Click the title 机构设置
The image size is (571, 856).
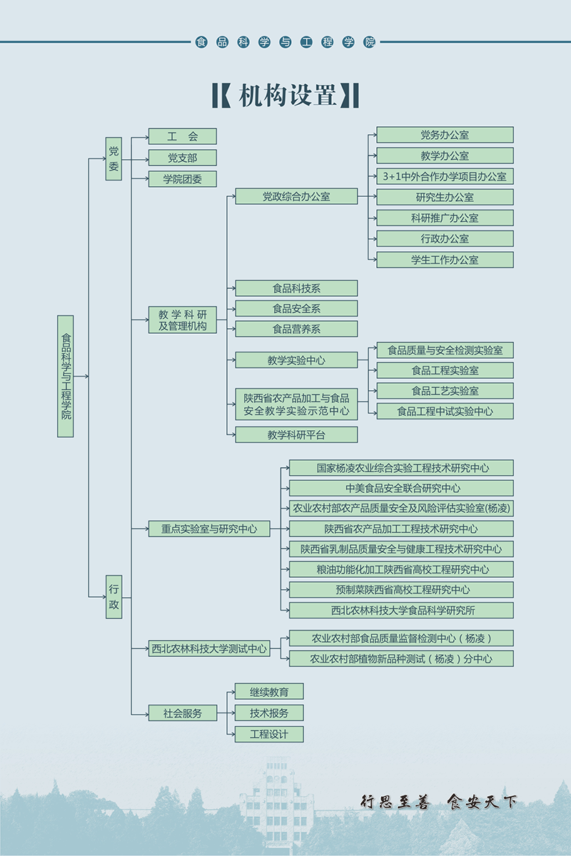click(285, 96)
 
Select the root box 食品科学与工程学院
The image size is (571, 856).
click(66, 376)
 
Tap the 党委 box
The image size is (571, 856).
click(114, 158)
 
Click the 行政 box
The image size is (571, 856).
click(114, 597)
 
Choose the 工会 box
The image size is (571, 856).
click(182, 136)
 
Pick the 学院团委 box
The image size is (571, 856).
click(182, 179)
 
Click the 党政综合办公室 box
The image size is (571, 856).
click(296, 196)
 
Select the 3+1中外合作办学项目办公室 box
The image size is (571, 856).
click(445, 176)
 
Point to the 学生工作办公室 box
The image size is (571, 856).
click(445, 260)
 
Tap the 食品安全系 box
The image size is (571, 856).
click(296, 309)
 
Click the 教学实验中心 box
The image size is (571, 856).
click(296, 360)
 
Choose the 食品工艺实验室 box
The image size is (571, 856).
click(445, 391)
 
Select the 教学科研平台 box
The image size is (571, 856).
click(296, 434)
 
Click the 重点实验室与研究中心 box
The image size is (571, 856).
click(209, 529)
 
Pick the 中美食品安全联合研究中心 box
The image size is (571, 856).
click(401, 489)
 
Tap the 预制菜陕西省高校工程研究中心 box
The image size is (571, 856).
click(401, 590)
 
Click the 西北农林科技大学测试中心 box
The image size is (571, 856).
click(209, 648)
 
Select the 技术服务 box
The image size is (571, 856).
click(269, 713)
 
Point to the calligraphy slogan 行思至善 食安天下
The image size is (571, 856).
click(438, 802)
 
